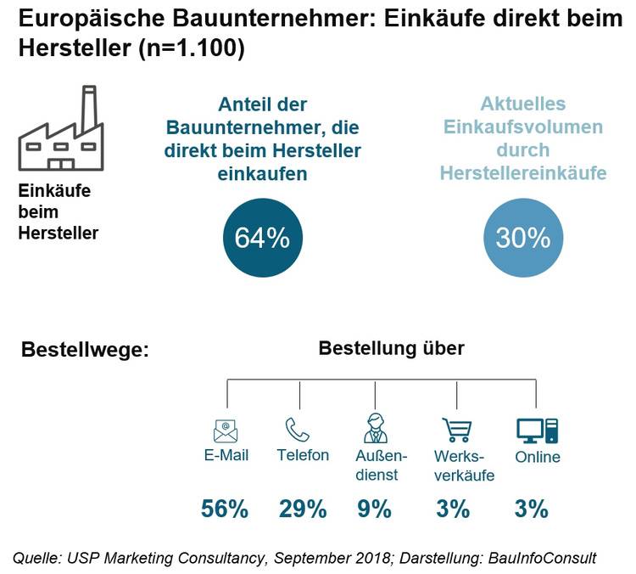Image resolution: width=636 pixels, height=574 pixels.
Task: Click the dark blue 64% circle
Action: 262,239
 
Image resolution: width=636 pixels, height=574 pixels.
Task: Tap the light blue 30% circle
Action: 523,239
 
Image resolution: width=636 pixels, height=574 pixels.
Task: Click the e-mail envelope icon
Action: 226,430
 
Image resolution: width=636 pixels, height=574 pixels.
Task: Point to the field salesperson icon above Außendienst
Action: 375,429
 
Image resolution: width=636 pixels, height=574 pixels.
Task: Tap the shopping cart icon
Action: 456,430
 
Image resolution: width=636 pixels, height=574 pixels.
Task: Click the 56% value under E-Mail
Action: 225,509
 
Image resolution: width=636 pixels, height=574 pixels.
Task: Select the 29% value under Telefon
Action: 303,509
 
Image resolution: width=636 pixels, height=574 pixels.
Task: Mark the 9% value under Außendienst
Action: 375,509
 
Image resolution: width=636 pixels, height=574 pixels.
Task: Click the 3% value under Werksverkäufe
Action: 453,509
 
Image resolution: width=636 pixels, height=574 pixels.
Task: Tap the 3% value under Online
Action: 531,509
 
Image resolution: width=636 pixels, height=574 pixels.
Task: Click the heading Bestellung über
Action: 391,348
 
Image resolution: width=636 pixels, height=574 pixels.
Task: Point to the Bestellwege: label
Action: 84,350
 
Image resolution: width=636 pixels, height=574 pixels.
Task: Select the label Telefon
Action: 303,455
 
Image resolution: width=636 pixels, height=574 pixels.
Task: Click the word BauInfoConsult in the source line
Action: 544,558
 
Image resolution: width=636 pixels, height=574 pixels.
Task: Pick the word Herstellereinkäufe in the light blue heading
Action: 523,173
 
